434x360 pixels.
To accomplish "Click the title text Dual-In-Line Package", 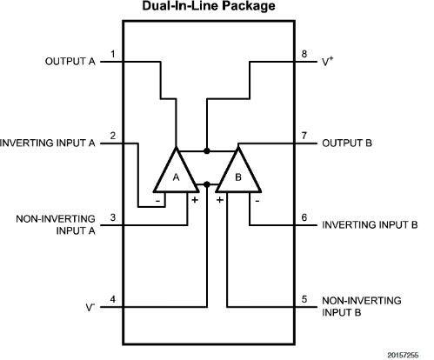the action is click(x=209, y=6).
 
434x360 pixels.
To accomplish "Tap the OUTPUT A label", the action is click(x=70, y=62).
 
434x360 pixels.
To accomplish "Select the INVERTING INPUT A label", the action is click(x=48, y=143).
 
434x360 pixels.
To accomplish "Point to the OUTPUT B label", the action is click(x=347, y=143).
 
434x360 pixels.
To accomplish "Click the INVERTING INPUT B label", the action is click(x=370, y=225).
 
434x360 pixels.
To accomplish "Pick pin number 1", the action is click(x=113, y=54).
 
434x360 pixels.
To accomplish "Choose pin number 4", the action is click(x=113, y=299).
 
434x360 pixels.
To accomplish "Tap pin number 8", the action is click(x=304, y=54).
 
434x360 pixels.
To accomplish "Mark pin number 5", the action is click(x=304, y=299).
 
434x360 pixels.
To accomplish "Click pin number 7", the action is click(x=304, y=136).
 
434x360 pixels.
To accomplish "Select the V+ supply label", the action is click(x=328, y=62).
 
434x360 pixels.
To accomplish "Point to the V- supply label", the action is click(x=90, y=307).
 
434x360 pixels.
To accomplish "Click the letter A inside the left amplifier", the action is click(x=176, y=177).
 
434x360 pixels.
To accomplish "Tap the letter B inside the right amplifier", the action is click(x=238, y=177).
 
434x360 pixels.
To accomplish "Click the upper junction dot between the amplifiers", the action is click(x=207, y=151).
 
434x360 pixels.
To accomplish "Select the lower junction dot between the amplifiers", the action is click(x=207, y=184).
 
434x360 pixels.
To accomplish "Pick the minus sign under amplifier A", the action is click(x=158, y=201).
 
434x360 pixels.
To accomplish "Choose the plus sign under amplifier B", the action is click(x=220, y=200).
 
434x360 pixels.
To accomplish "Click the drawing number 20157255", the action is click(x=403, y=356).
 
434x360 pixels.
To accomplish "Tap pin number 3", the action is click(x=113, y=217).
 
